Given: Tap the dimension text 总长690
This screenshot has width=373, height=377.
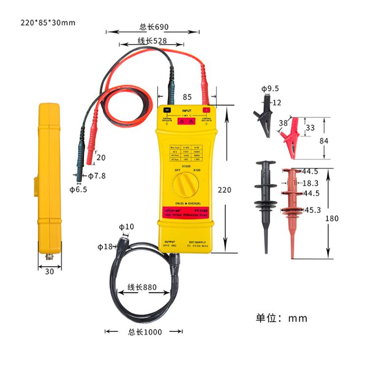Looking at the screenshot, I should tap(154, 27).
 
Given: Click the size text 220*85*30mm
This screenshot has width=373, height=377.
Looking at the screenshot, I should tap(49, 23).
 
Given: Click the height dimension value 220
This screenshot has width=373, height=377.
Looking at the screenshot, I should tap(224, 190).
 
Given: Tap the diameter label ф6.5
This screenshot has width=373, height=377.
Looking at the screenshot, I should tap(78, 189).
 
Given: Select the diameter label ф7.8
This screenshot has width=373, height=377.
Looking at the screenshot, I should tap(97, 176).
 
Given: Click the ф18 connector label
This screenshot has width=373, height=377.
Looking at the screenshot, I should tap(105, 247).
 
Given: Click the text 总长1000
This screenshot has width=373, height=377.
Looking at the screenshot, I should tap(145, 332).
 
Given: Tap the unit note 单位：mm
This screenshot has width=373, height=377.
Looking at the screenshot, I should tap(282, 318).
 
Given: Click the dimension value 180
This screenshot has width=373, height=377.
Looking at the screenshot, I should tap(332, 218).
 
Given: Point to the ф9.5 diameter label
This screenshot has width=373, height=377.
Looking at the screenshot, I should tap(270, 89).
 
